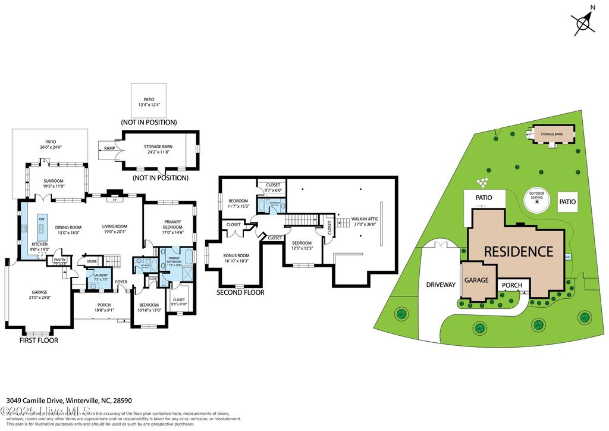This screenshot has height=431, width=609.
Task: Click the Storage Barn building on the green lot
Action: [x=551, y=135]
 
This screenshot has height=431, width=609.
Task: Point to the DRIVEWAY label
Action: [x=440, y=285]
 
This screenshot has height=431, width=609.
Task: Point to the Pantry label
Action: [x=59, y=260]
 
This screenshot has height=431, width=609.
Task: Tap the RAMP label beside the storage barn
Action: [x=109, y=148]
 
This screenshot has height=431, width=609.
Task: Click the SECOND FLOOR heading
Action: [x=240, y=292]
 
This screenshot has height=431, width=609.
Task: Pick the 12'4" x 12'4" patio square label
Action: [x=149, y=102]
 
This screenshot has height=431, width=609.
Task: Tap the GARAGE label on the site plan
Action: [x=476, y=280]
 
